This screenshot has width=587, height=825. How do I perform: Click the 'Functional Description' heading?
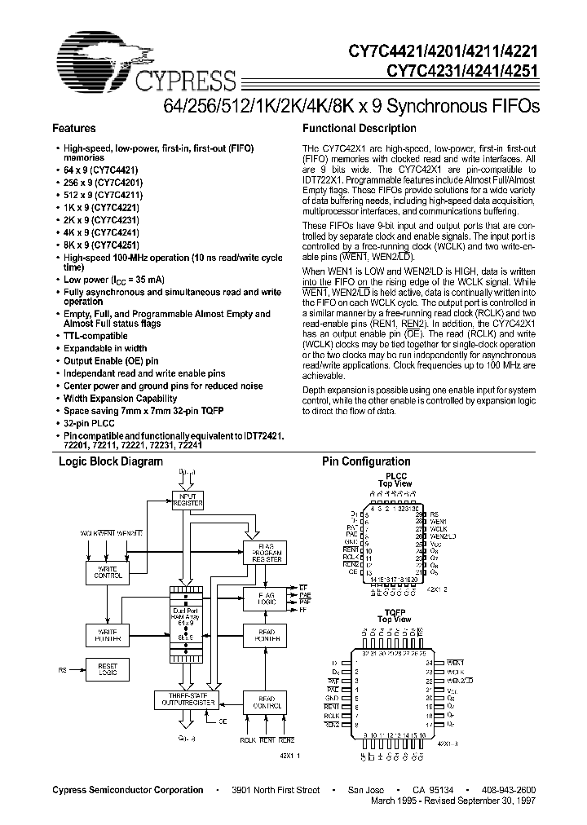[360, 128]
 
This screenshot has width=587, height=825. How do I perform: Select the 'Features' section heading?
[74, 128]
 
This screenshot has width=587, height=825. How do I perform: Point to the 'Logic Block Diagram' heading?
[110, 461]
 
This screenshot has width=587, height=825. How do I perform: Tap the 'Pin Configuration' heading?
[366, 461]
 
